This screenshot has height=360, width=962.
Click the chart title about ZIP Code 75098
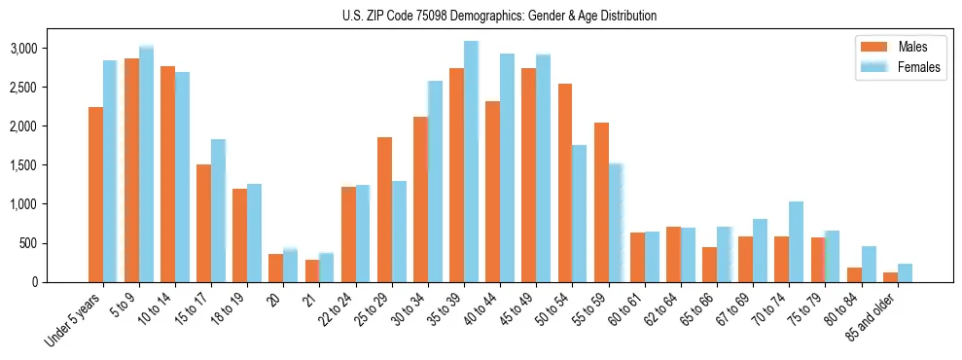pos(499,16)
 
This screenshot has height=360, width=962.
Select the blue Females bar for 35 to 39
pos(471,162)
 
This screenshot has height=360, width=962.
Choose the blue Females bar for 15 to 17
pos(218,211)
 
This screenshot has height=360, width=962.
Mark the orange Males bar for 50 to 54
pos(565,183)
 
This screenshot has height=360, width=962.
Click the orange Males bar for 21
pos(312,271)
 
